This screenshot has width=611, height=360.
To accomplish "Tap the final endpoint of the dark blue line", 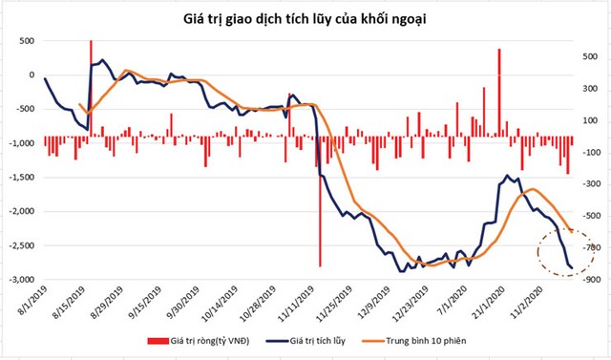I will coord(571,268).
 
